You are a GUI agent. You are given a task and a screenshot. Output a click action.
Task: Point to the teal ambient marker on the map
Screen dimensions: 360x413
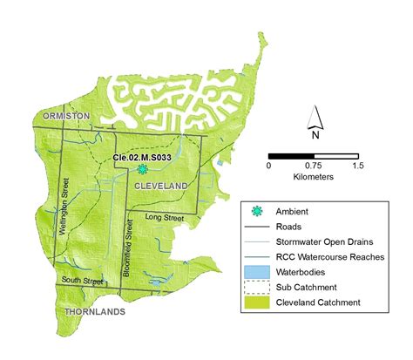click(141, 170)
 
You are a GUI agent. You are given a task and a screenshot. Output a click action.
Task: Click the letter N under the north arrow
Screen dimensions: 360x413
click(316, 135)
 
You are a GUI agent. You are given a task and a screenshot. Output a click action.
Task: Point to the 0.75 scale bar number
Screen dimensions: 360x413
click(315, 165)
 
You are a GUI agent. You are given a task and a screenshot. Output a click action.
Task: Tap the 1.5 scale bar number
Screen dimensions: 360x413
click(357, 165)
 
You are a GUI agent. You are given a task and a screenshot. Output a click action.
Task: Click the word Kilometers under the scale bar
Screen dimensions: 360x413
click(315, 175)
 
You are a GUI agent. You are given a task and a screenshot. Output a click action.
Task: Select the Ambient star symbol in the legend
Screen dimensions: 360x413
click(256, 210)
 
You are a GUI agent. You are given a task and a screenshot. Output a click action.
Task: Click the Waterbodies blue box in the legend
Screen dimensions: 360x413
click(257, 271)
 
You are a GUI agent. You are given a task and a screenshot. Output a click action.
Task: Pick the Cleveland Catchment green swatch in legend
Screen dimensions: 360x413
click(257, 302)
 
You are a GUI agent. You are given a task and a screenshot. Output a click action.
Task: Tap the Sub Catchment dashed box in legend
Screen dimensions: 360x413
click(257, 287)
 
